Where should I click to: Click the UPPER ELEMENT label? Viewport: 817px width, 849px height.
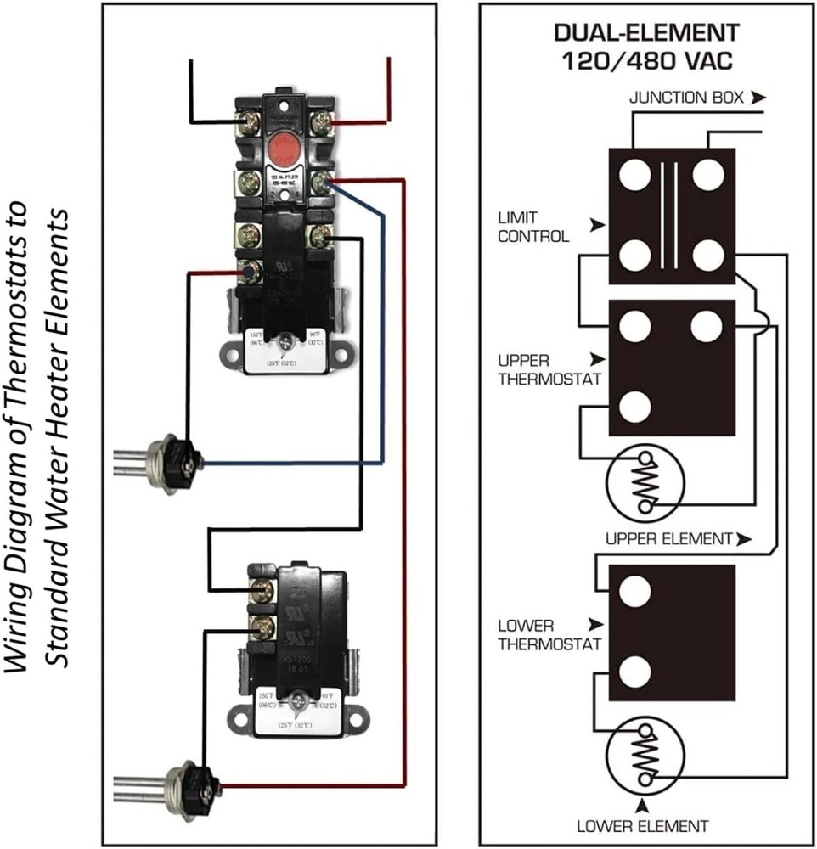pyautogui.click(x=668, y=538)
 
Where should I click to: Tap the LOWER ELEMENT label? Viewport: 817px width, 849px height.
pyautogui.click(x=642, y=825)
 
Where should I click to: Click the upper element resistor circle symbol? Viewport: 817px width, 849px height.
pyautogui.click(x=645, y=484)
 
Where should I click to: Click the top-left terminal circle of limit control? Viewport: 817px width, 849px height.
pyautogui.click(x=634, y=177)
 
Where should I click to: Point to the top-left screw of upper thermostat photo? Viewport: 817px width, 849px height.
pyautogui.click(x=250, y=123)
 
